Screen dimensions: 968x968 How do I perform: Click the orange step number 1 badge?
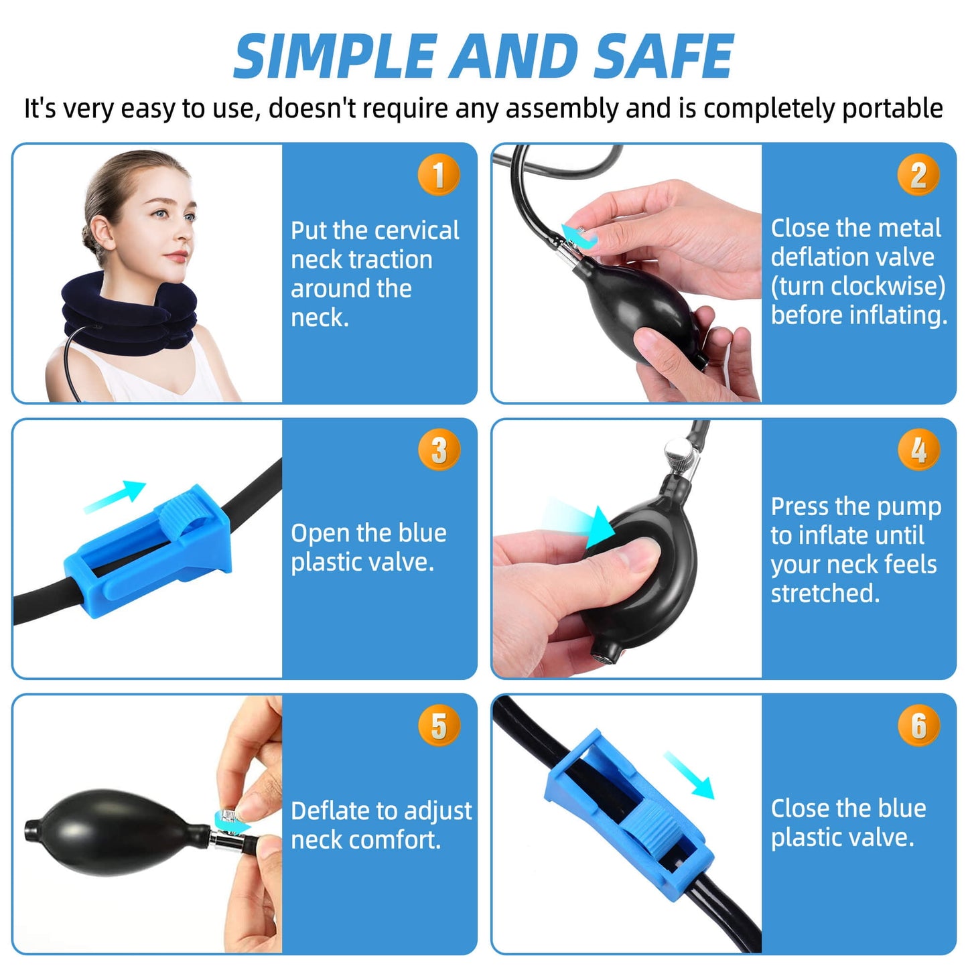439,175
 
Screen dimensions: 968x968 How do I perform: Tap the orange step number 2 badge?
918,175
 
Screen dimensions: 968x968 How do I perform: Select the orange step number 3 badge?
439,450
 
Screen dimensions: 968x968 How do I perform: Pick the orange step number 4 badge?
918,450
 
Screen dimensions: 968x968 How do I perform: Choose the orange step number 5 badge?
439,725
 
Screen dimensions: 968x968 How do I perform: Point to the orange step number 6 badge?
918,725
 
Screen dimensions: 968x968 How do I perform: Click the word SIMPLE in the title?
335,57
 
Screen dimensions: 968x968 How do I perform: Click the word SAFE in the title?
663,57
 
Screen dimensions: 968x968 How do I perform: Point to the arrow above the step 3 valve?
116,496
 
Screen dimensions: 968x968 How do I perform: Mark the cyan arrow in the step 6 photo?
689,775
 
